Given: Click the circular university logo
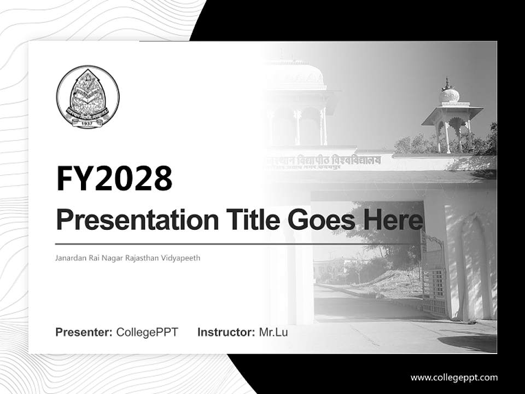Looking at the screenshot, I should (x=87, y=97).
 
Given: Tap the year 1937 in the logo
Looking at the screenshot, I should (x=87, y=124).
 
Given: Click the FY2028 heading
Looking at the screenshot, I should (x=114, y=178).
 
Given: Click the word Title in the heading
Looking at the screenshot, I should (x=248, y=221).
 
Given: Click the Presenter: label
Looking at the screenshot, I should (x=84, y=332).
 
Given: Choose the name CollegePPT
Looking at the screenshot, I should (x=147, y=332).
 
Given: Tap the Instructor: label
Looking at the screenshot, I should (x=226, y=332).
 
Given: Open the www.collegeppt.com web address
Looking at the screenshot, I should (x=454, y=378).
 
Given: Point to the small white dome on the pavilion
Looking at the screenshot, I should (x=450, y=95).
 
